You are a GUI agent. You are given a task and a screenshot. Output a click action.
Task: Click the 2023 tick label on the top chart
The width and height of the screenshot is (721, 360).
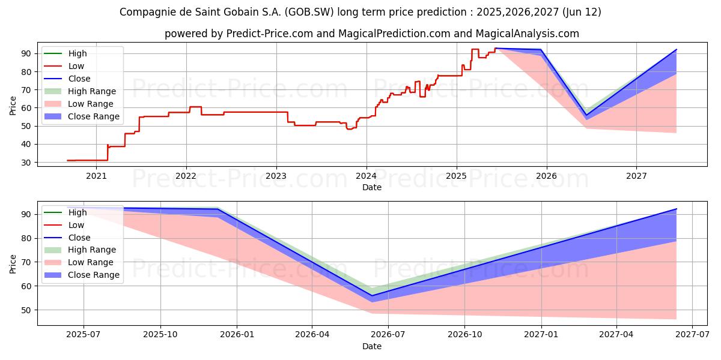click(276, 176)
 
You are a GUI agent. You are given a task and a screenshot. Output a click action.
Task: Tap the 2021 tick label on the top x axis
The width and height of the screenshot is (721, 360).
click(96, 176)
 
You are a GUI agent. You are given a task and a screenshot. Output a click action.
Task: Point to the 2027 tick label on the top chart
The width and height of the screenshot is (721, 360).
click(636, 176)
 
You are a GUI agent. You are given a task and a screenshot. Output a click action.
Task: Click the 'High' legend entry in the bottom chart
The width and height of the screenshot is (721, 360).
click(78, 212)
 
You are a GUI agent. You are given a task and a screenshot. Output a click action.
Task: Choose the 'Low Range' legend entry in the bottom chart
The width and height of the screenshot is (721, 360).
click(91, 262)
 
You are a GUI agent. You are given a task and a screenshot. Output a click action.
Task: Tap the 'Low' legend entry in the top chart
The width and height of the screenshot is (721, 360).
click(76, 66)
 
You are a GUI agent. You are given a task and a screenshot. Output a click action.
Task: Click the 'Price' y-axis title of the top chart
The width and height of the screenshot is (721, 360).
click(13, 106)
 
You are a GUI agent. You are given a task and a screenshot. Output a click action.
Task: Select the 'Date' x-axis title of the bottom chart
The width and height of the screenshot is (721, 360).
click(372, 347)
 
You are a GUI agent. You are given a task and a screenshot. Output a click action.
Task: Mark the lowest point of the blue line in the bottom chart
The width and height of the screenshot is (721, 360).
click(371, 295)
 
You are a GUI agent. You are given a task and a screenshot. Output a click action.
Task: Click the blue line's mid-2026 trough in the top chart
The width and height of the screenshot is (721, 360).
click(586, 115)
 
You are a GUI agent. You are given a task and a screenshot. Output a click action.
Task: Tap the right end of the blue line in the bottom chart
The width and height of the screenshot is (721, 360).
click(677, 209)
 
